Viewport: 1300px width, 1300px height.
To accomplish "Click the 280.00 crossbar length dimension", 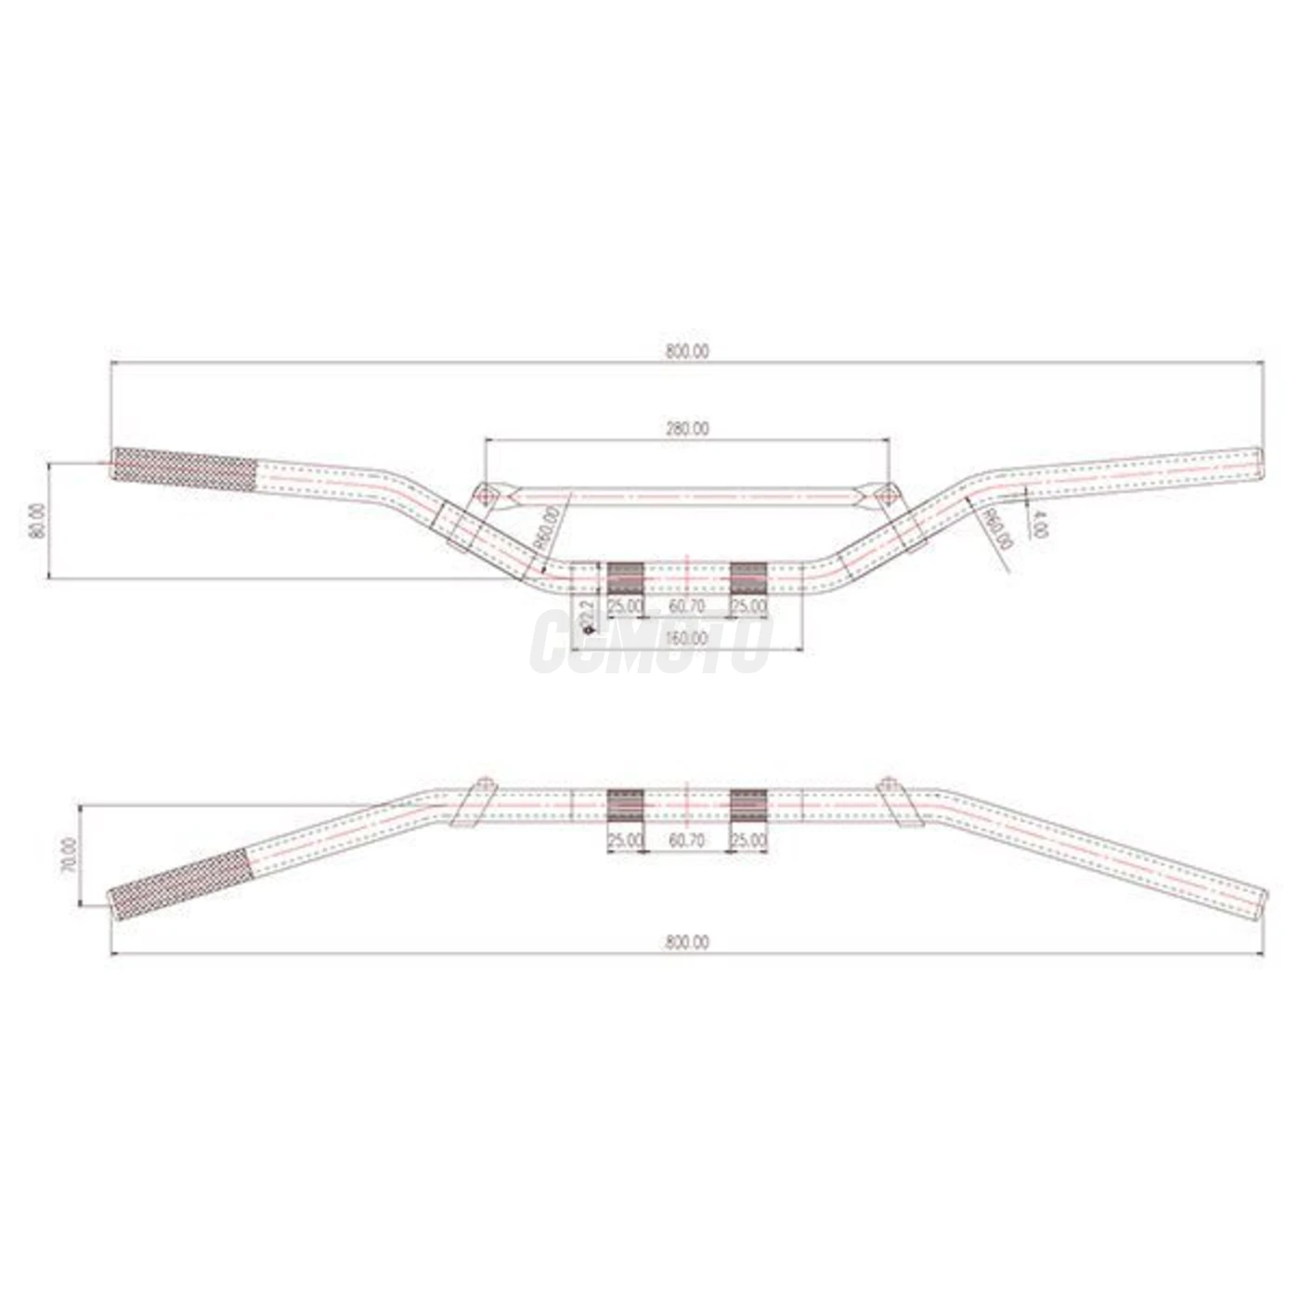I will pyautogui.click(x=686, y=429).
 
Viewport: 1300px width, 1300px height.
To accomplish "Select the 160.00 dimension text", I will pyautogui.click(x=686, y=639).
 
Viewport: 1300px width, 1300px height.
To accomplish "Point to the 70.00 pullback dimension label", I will pyautogui.click(x=68, y=855).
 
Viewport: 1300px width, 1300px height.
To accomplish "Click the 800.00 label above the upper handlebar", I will pyautogui.click(x=686, y=352).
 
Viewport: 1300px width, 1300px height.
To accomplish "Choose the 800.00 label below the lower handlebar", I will pyautogui.click(x=686, y=942).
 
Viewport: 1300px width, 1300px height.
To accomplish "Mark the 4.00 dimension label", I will pyautogui.click(x=1040, y=525).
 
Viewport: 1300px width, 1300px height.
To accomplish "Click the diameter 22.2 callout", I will pyautogui.click(x=586, y=616).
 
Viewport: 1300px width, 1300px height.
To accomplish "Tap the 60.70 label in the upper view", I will pyautogui.click(x=686, y=605).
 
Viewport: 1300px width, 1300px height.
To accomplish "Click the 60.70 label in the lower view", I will pyautogui.click(x=686, y=840).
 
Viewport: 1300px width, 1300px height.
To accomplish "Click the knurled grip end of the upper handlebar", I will pyautogui.click(x=184, y=470).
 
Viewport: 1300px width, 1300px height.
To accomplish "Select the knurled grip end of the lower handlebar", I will pyautogui.click(x=178, y=886).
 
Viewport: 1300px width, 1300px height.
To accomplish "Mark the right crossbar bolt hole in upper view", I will pyautogui.click(x=888, y=495).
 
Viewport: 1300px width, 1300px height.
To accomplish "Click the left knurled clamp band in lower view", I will pyautogui.click(x=625, y=805).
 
